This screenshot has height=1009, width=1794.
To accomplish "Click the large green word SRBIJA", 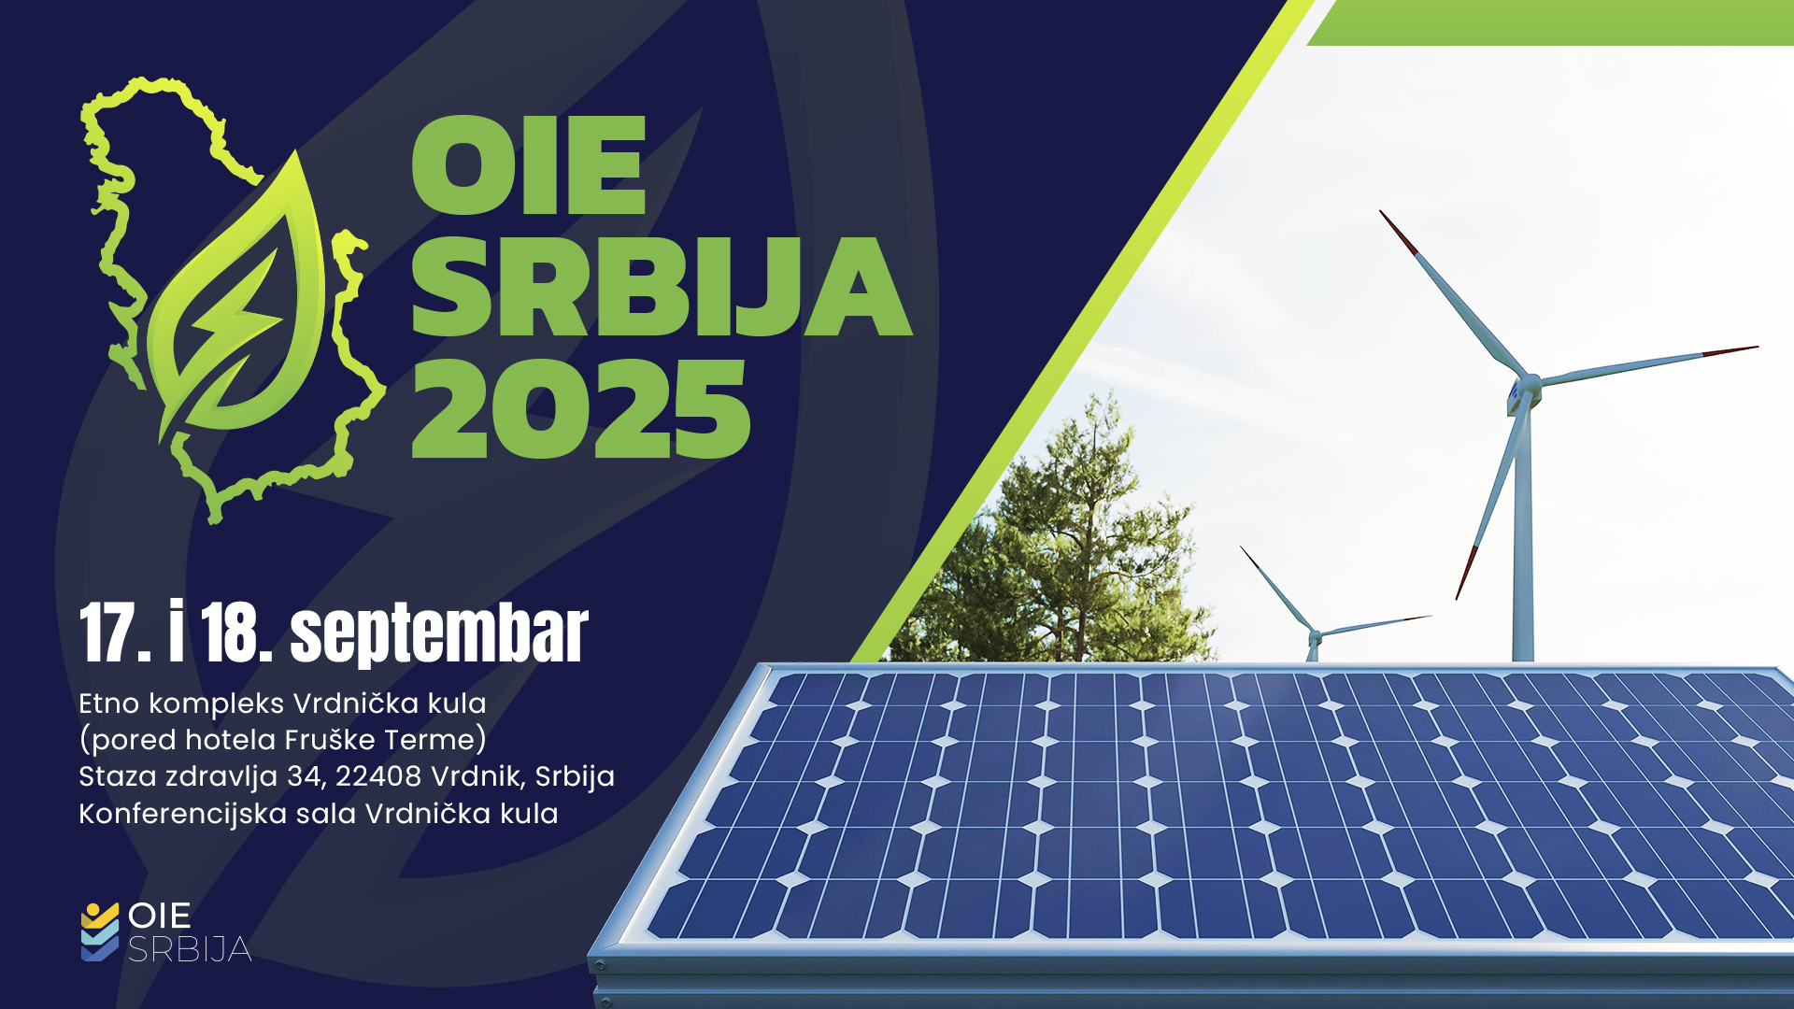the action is (x=662, y=286).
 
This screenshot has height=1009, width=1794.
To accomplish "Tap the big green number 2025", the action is (x=580, y=409).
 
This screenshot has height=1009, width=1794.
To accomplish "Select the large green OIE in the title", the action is (x=529, y=165).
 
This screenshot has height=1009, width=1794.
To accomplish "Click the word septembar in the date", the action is (x=439, y=634).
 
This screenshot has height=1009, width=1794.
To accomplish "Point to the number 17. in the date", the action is (x=115, y=632).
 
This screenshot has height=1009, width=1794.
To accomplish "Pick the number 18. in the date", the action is (x=235, y=632).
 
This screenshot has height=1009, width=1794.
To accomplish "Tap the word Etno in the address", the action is (x=109, y=703).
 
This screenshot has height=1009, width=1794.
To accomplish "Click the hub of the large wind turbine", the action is (x=1526, y=385).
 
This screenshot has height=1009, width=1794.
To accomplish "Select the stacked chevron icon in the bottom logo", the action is (x=100, y=931).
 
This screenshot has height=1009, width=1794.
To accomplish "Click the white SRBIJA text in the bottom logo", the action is (x=190, y=950).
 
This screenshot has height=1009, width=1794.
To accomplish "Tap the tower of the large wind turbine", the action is (x=1523, y=533).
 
